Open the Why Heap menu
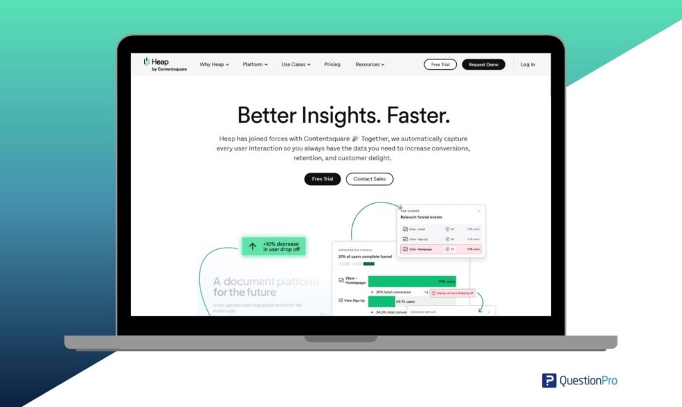tap(214, 65)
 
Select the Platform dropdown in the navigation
tap(255, 65)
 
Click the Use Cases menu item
tap(296, 65)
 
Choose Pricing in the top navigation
tap(332, 65)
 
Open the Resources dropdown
tap(370, 65)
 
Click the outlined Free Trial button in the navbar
tap(440, 65)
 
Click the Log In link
tap(527, 65)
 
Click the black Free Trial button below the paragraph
tap(322, 179)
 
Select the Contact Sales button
tap(370, 179)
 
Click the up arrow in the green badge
tap(252, 246)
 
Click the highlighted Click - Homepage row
tap(441, 249)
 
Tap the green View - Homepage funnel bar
tap(412, 281)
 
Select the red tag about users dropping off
tap(452, 292)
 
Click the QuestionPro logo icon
tap(549, 380)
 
